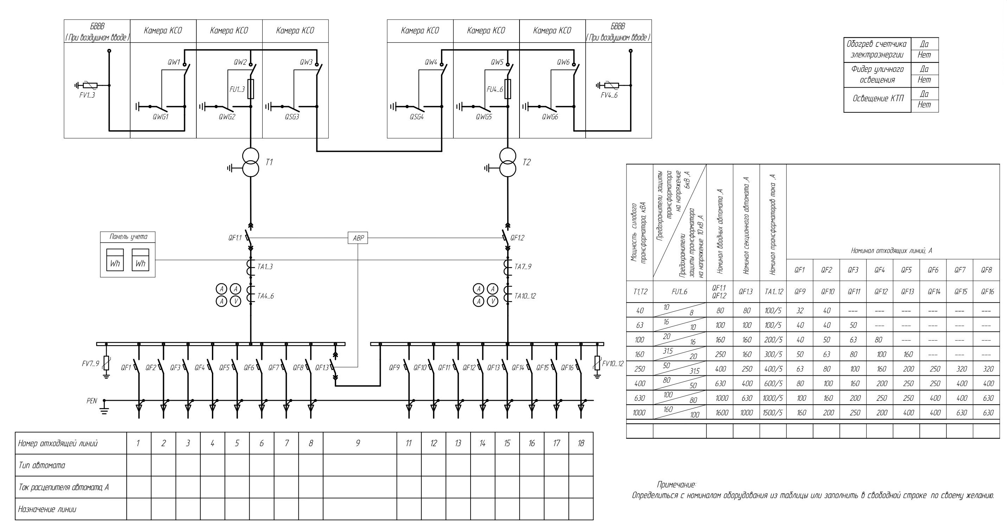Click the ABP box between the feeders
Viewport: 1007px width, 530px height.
tap(358, 238)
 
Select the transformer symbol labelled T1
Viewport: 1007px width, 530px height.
tap(251, 162)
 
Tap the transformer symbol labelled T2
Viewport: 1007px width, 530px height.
tap(508, 162)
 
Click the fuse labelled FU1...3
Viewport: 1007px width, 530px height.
tap(251, 89)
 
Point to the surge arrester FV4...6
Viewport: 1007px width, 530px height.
tap(612, 85)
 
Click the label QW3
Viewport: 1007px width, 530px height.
tap(306, 62)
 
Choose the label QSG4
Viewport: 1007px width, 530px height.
tap(417, 117)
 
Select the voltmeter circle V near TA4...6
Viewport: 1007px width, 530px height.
tap(235, 301)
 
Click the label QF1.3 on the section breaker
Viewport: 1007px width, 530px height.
tap(322, 368)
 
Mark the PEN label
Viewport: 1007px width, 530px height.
tap(92, 401)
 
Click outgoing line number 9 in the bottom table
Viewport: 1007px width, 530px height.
tap(358, 443)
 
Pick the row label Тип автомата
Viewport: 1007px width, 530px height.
tap(42, 465)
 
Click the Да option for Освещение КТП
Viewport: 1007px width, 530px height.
tap(924, 94)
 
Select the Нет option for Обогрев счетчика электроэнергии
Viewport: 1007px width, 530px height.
tap(924, 55)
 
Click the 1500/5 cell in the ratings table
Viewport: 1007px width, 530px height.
tap(773, 413)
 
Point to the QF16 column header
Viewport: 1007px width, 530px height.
tap(987, 291)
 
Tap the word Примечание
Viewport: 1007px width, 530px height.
tap(676, 485)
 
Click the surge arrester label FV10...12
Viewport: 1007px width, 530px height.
tap(612, 364)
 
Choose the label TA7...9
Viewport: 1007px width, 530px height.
tap(523, 267)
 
